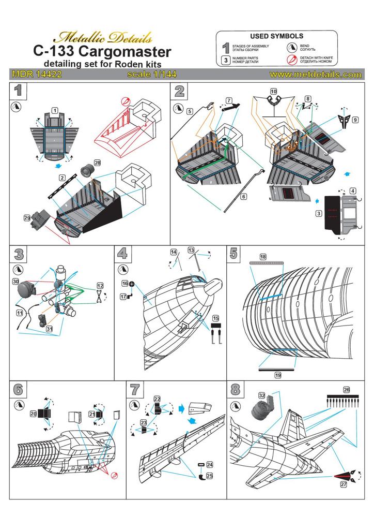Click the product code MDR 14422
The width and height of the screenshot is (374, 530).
36,75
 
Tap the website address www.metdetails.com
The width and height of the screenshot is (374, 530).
315,75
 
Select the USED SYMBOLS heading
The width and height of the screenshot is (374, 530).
276,37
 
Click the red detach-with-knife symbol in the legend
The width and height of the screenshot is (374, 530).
291,59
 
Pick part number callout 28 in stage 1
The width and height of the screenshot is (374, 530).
97,163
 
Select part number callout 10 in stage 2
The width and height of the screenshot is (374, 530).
274,92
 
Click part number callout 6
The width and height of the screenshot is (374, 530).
244,196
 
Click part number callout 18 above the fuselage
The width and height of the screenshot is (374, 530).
263,257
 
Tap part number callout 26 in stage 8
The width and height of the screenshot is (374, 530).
347,390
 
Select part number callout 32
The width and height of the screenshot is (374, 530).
263,396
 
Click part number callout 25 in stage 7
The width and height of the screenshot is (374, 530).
210,475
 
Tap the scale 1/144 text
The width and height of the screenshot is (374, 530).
149,75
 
